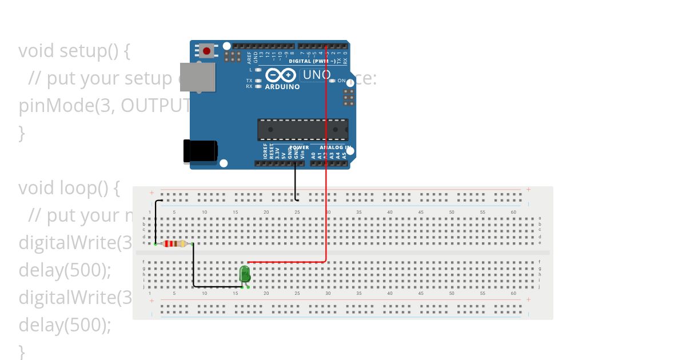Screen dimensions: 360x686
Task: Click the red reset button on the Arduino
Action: pyautogui.click(x=206, y=51)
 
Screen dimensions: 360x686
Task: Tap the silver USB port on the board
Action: pyautogui.click(x=198, y=77)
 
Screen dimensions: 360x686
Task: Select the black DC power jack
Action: pyautogui.click(x=200, y=151)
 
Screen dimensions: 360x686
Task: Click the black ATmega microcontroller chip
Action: pyautogui.click(x=302, y=130)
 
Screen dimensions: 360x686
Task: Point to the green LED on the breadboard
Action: pyautogui.click(x=245, y=274)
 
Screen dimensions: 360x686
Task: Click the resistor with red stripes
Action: pyautogui.click(x=174, y=244)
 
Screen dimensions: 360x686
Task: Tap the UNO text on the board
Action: pyautogui.click(x=316, y=75)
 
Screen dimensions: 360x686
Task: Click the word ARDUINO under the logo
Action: pyautogui.click(x=282, y=87)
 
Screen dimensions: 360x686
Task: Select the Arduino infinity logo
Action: pyautogui.click(x=281, y=75)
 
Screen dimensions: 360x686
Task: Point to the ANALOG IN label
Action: pyautogui.click(x=331, y=147)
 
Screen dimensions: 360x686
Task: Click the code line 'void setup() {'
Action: pyautogui.click(x=74, y=51)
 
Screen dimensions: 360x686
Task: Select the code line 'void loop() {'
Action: pyautogui.click(x=69, y=188)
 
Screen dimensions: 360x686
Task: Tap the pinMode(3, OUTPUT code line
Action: pyautogui.click(x=103, y=106)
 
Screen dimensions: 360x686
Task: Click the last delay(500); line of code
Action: pyautogui.click(x=65, y=325)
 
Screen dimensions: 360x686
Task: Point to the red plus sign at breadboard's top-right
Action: pyautogui.click(x=528, y=189)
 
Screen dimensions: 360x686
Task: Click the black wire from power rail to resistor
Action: pyautogui.click(x=155, y=223)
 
